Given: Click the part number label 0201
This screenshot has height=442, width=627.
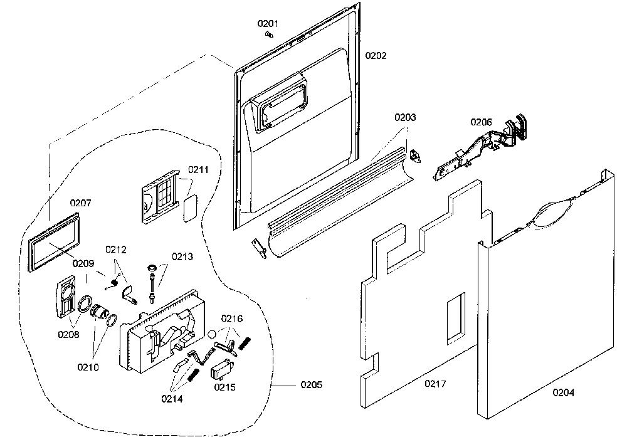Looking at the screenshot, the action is pyautogui.click(x=268, y=24).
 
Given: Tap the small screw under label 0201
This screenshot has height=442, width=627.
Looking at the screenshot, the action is pyautogui.click(x=270, y=35).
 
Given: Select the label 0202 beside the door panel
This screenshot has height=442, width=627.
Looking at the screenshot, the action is pyautogui.click(x=376, y=56).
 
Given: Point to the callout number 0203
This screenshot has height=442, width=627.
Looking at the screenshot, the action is pyautogui.click(x=405, y=117).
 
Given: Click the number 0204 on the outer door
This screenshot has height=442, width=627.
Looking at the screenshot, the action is pyautogui.click(x=564, y=393).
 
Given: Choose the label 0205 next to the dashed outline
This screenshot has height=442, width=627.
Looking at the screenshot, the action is pyautogui.click(x=311, y=385).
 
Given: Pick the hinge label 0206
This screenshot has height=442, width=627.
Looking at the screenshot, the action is pyautogui.click(x=481, y=122).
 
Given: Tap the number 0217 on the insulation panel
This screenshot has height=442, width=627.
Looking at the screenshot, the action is pyautogui.click(x=435, y=384).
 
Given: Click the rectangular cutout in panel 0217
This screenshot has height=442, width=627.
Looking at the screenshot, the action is pyautogui.click(x=456, y=318).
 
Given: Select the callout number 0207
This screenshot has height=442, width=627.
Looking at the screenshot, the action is pyautogui.click(x=80, y=203).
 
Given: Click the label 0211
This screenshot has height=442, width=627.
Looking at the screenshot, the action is pyautogui.click(x=198, y=170).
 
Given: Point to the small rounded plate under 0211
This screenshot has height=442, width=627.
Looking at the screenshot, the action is pyautogui.click(x=191, y=208).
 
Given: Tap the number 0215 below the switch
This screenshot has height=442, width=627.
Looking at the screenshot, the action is pyautogui.click(x=224, y=387).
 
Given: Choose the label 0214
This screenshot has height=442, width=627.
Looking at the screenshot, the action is pyautogui.click(x=172, y=399).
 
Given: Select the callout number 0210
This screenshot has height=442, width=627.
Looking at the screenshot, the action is pyautogui.click(x=88, y=367).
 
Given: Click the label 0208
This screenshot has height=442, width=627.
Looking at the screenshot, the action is pyautogui.click(x=68, y=334).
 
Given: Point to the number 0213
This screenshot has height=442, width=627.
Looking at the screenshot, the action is pyautogui.click(x=182, y=256).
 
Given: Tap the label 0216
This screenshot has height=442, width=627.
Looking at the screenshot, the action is pyautogui.click(x=232, y=318).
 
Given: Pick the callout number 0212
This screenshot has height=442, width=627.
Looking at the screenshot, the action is pyautogui.click(x=115, y=250).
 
